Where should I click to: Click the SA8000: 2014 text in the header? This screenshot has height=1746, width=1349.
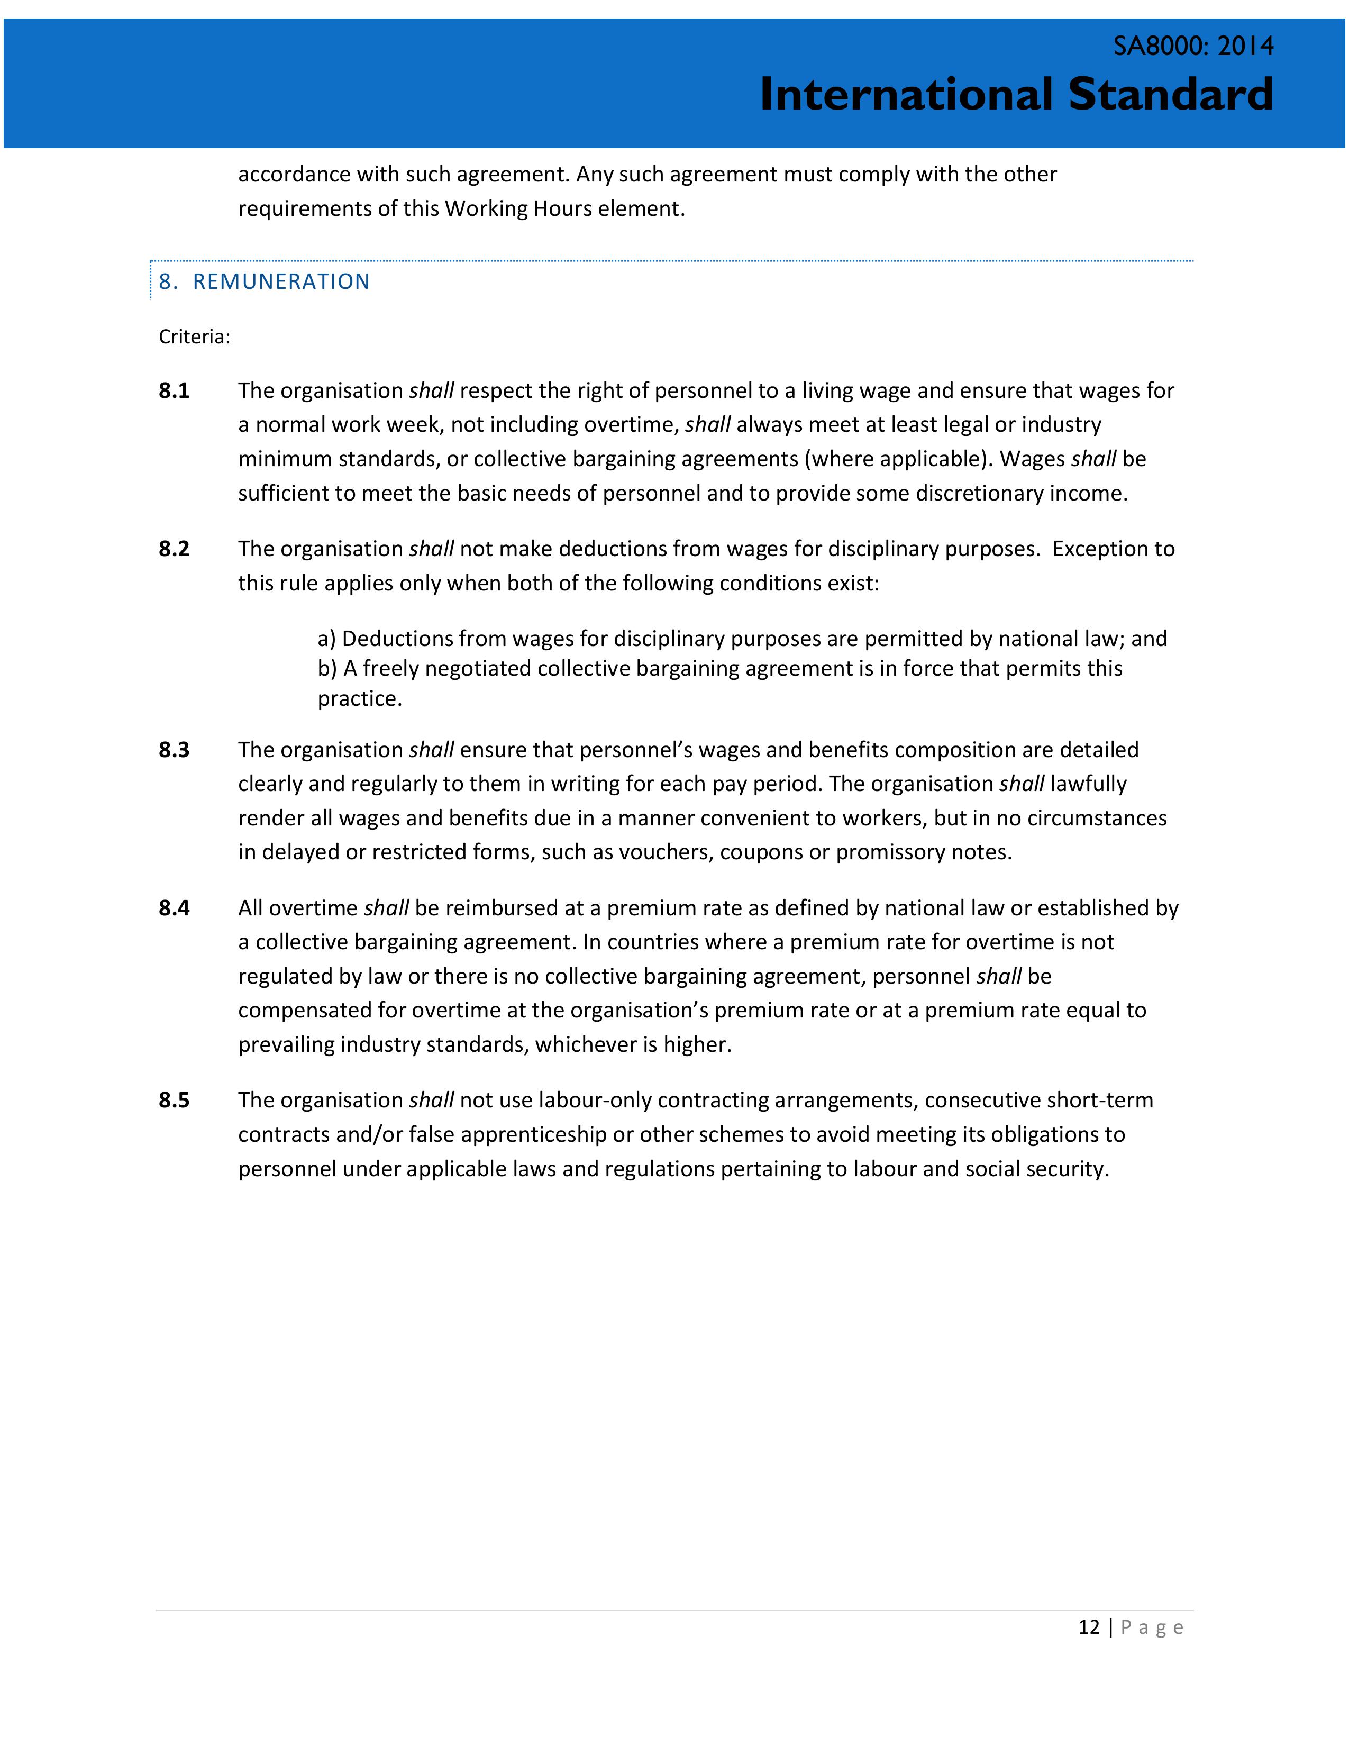point(1193,47)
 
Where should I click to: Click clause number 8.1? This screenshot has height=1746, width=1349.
point(174,391)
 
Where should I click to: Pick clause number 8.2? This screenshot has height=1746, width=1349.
point(174,549)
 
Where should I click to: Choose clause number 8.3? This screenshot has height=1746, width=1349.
point(174,750)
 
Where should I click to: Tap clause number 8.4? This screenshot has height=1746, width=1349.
point(174,908)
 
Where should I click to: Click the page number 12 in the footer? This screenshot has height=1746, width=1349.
point(1089,1627)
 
